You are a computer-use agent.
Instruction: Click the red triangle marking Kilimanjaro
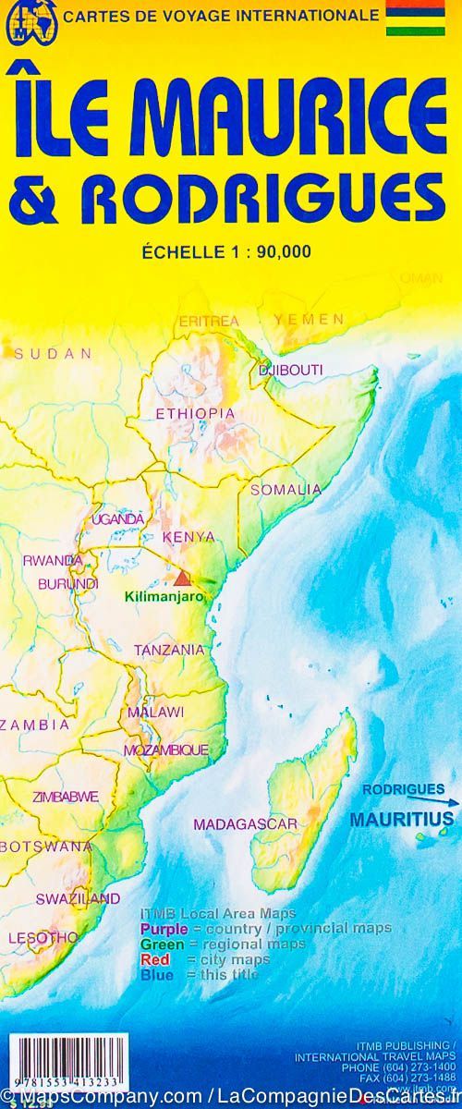tap(182, 579)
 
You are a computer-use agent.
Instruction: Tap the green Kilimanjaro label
tap(164, 597)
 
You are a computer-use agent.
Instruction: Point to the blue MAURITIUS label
tap(402, 819)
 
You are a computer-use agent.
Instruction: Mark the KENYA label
tap(188, 536)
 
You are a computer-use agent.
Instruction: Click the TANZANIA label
tap(169, 650)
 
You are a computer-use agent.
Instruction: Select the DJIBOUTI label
tap(291, 370)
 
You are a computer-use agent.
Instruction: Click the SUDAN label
tap(53, 353)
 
